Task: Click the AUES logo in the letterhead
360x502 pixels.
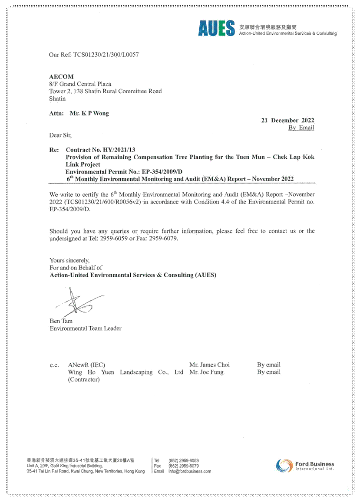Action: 216,28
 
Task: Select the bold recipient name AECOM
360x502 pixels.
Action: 61,77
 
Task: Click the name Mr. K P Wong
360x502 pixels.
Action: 89,113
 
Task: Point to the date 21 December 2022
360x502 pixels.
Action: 287,120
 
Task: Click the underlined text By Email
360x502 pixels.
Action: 301,128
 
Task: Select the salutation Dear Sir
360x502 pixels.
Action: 60,135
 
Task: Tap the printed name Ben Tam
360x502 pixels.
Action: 61,321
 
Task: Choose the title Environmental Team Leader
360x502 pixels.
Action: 86,328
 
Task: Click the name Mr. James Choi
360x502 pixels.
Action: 209,364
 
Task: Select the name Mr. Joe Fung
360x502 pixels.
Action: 206,372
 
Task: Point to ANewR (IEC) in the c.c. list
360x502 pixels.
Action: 86,364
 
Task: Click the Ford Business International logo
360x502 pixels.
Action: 305,466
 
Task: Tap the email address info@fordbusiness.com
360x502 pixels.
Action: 190,471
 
